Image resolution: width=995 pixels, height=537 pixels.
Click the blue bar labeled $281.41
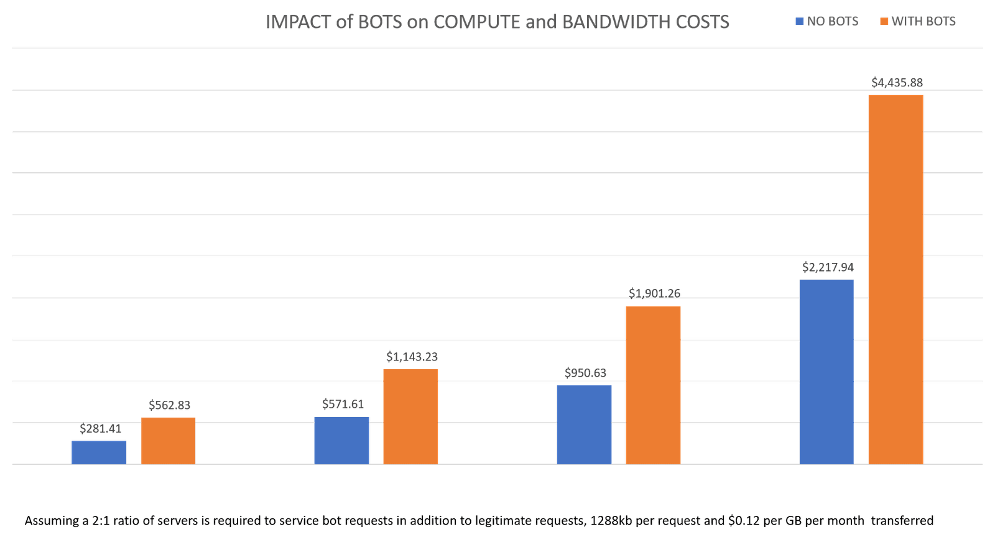click(99, 452)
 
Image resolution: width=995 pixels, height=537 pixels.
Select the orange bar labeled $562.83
click(169, 441)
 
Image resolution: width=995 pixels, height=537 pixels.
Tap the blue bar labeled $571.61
click(341, 440)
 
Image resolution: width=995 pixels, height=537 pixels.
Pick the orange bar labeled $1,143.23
click(410, 416)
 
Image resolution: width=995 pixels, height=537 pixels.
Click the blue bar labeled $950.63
click(584, 425)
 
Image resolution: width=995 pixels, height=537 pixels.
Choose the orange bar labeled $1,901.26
click(653, 385)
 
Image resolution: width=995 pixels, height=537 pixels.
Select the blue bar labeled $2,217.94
click(826, 372)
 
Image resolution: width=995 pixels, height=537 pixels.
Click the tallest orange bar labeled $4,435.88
click(895, 279)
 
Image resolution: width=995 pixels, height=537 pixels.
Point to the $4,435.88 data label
click(897, 83)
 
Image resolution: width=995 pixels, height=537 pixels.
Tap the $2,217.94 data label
click(828, 267)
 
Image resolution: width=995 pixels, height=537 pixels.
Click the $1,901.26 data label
click(654, 293)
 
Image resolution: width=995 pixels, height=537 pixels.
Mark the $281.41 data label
click(101, 428)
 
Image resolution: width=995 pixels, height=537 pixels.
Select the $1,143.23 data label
click(412, 357)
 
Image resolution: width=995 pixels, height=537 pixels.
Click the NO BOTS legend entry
click(827, 21)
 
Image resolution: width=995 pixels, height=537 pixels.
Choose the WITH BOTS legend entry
click(918, 21)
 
